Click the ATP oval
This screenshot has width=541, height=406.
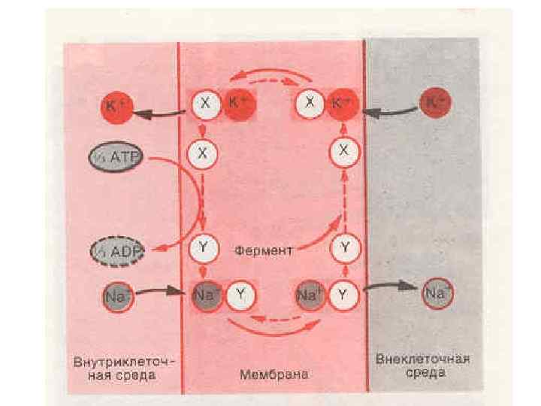point(115,159)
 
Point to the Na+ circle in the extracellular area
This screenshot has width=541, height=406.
point(436,294)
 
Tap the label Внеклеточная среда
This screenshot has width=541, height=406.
point(423,365)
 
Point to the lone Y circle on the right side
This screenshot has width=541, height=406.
point(344,247)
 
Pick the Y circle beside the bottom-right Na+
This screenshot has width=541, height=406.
point(343,294)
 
